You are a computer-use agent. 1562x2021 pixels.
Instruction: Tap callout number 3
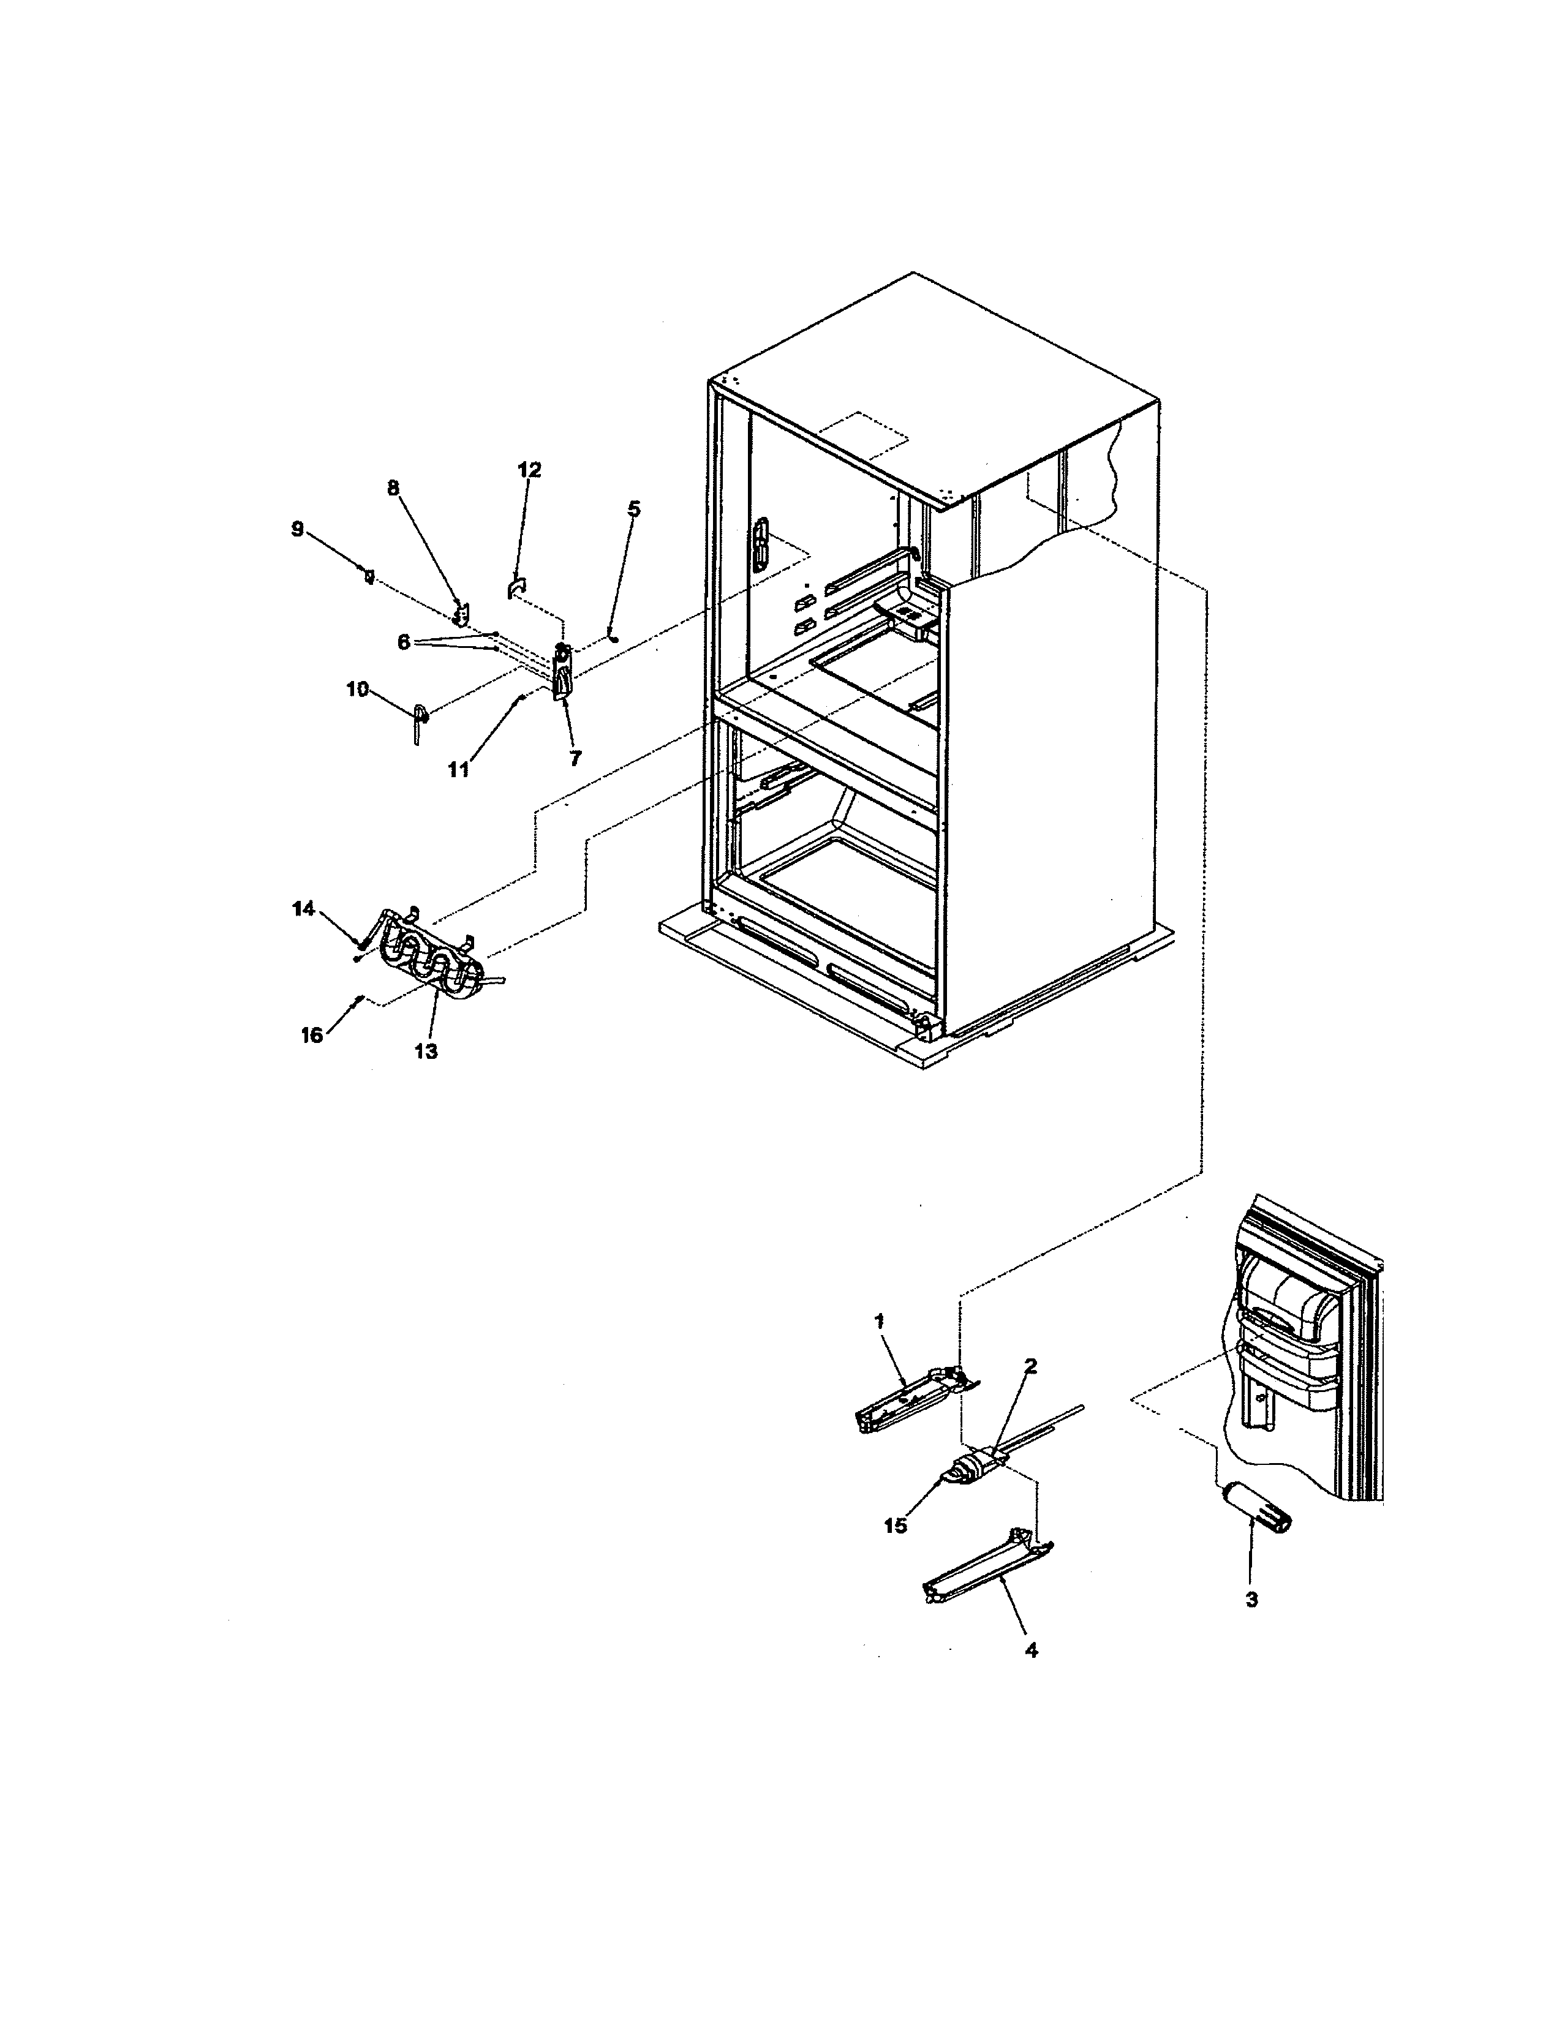point(1251,1600)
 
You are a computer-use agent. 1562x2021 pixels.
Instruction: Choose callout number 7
point(576,759)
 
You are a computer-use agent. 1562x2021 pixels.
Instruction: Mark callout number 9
point(297,529)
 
